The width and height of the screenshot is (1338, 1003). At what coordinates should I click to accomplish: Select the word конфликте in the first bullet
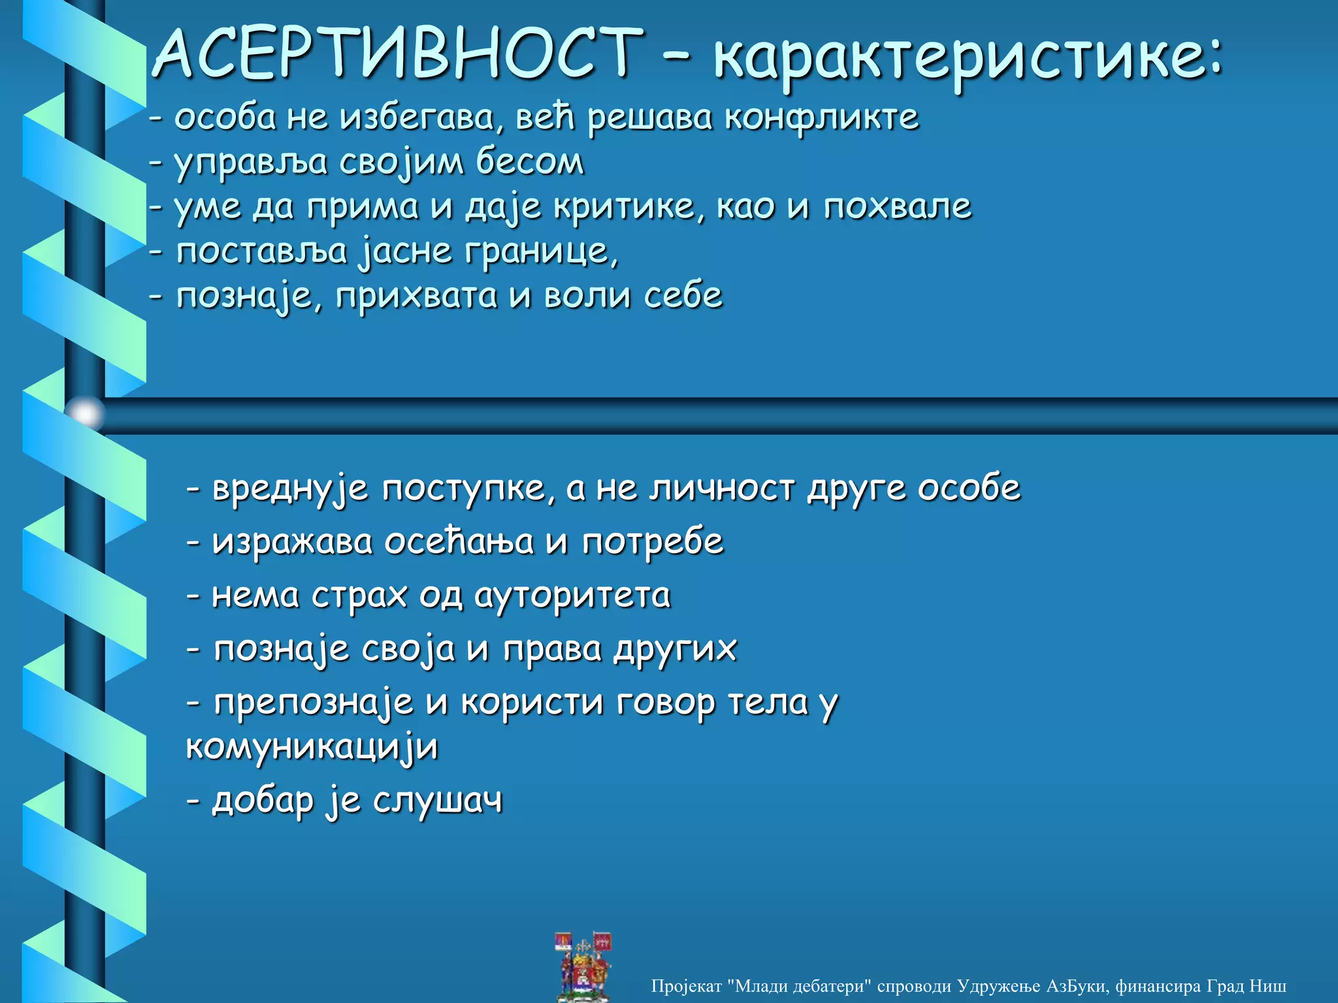pyautogui.click(x=821, y=119)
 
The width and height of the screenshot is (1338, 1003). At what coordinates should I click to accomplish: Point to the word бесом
pyautogui.click(x=529, y=163)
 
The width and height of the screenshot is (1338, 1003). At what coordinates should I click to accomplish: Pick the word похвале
pyautogui.click(x=897, y=207)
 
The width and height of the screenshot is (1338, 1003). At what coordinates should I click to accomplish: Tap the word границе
pyautogui.click(x=540, y=252)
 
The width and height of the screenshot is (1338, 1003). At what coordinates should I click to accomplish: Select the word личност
pyautogui.click(x=721, y=488)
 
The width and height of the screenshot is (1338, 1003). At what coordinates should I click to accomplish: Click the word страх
pyautogui.click(x=359, y=596)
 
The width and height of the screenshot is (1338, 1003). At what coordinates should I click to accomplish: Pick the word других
pyautogui.click(x=675, y=650)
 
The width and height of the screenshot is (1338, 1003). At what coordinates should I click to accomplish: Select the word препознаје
pyautogui.click(x=314, y=704)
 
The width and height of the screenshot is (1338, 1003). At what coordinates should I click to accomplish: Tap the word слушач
pyautogui.click(x=438, y=801)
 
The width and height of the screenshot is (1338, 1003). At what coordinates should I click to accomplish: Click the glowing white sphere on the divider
pyautogui.click(x=86, y=413)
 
